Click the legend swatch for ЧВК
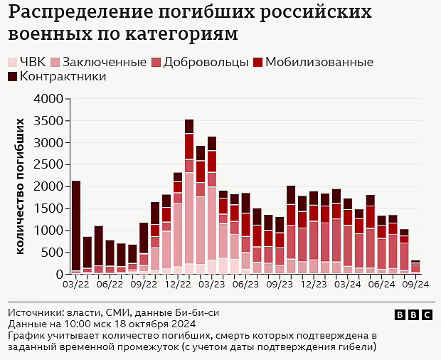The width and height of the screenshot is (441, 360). [13, 62]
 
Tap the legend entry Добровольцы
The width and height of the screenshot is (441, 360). [206, 62]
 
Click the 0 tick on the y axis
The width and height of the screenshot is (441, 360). [60, 275]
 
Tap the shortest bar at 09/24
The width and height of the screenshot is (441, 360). [415, 267]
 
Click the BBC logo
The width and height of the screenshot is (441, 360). [413, 314]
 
